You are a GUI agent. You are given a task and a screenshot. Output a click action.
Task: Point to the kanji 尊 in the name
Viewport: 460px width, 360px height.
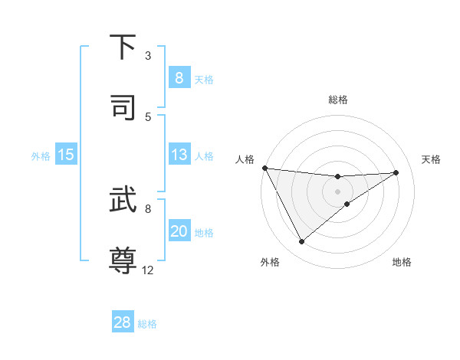[x=123, y=260]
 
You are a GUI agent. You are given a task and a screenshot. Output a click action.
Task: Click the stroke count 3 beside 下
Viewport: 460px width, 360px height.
[x=148, y=56]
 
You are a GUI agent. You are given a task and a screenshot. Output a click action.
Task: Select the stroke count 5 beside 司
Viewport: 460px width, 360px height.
[x=148, y=116]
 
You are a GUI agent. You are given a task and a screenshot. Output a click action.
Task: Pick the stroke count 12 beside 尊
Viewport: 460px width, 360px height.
[x=148, y=270]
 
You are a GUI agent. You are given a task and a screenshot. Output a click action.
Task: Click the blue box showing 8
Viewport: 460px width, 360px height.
[x=179, y=78]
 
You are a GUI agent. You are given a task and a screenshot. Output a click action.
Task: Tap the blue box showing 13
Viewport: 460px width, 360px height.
[x=179, y=155]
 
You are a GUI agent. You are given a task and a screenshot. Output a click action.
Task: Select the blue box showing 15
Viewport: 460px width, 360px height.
[x=66, y=155]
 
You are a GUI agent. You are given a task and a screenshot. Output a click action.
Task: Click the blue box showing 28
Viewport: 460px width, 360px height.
[x=123, y=322]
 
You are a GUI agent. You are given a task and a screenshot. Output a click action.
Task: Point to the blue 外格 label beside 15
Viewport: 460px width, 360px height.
[x=41, y=156]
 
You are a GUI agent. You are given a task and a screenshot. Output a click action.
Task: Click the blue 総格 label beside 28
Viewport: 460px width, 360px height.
[x=147, y=324]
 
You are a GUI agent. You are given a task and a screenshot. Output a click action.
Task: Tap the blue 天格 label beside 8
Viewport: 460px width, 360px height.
[x=204, y=79]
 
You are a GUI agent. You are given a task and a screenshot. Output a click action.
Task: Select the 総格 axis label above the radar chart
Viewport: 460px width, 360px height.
[x=338, y=100]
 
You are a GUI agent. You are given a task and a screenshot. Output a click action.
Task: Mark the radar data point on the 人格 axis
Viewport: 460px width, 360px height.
[x=264, y=168]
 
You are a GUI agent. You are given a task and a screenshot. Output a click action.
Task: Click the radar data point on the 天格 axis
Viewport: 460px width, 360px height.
[x=396, y=172]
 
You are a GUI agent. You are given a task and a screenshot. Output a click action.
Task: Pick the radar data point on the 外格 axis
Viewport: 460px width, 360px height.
[x=301, y=242]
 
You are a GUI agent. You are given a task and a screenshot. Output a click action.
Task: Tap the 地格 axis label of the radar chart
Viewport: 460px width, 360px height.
[x=402, y=262]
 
